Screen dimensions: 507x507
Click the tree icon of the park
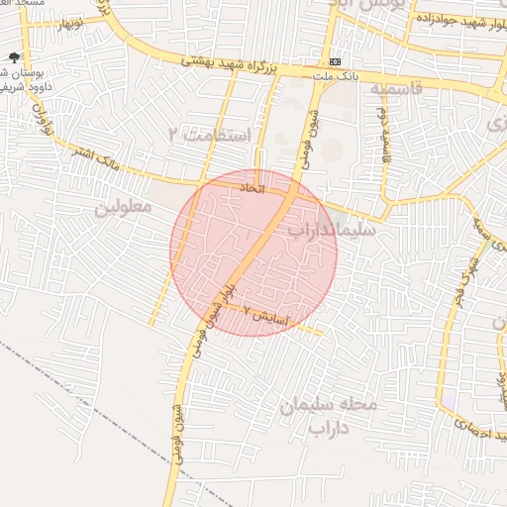[12, 58]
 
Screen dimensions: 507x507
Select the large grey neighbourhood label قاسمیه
[395, 89]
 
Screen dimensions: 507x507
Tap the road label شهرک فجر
[471, 267]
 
